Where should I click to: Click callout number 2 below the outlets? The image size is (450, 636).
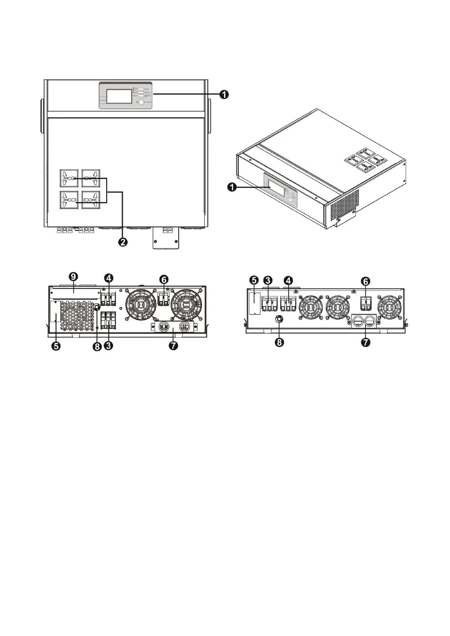click(x=123, y=242)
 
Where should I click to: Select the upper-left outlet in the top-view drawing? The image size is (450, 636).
click(x=69, y=178)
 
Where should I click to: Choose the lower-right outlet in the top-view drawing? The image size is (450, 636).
click(x=91, y=200)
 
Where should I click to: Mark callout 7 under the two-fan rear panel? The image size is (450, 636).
click(x=173, y=346)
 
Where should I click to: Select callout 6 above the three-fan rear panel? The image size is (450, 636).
click(x=366, y=281)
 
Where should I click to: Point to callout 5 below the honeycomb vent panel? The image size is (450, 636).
click(x=56, y=346)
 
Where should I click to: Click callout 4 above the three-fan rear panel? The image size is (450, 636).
click(x=288, y=281)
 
